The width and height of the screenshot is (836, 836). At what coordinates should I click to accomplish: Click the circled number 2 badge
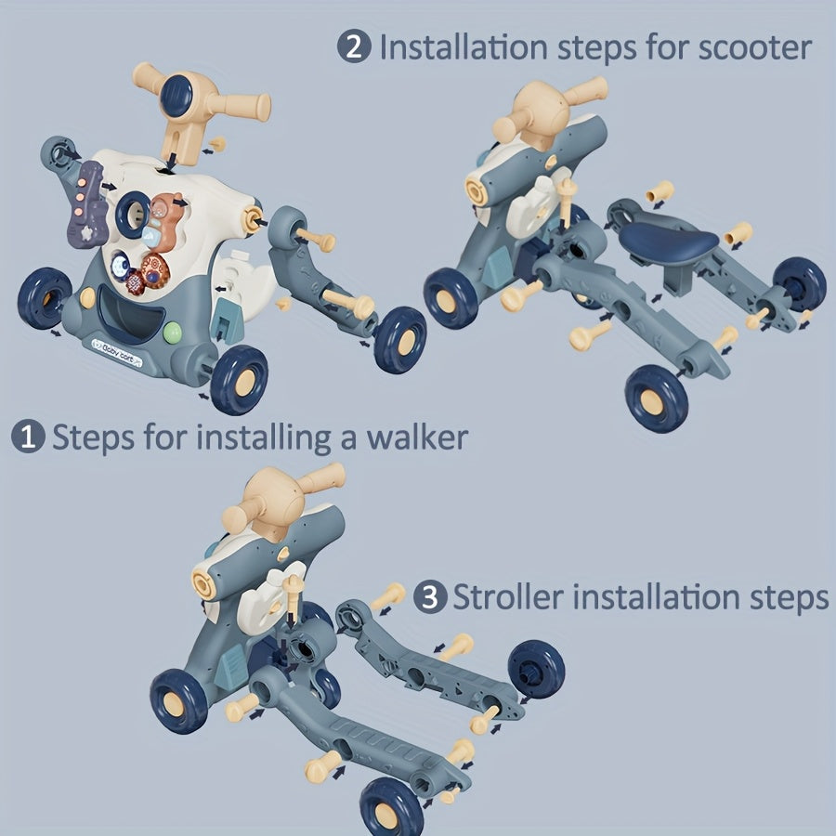click(354, 47)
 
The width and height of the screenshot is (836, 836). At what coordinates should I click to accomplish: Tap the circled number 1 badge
click(28, 438)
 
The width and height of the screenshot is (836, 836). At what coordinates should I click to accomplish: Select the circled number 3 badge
click(428, 596)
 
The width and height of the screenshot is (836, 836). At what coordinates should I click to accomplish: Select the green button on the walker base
click(173, 332)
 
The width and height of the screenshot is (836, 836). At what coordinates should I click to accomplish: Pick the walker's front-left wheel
click(44, 298)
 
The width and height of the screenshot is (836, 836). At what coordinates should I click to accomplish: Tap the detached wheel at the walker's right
click(399, 339)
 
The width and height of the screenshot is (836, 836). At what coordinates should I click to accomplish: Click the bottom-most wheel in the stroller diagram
click(391, 805)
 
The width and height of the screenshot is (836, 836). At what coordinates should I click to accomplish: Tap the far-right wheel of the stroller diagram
click(536, 668)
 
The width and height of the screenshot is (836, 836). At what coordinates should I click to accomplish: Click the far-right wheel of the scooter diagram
click(799, 283)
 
